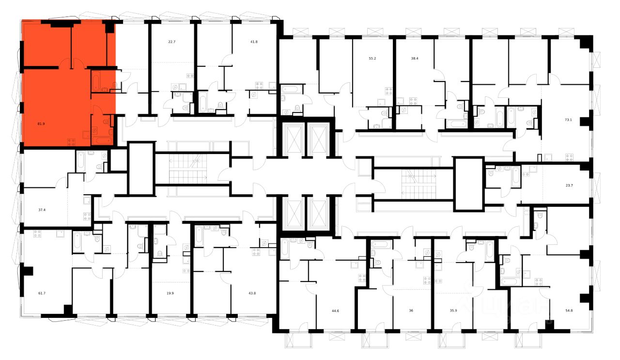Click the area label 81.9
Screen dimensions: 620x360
coord(41,124)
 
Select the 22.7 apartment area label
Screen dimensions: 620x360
coord(171,42)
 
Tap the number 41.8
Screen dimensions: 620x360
coord(254,42)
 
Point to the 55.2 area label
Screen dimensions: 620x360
coord(372,58)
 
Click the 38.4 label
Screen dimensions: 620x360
coord(414,58)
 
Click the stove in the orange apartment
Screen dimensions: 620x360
coord(71,141)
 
